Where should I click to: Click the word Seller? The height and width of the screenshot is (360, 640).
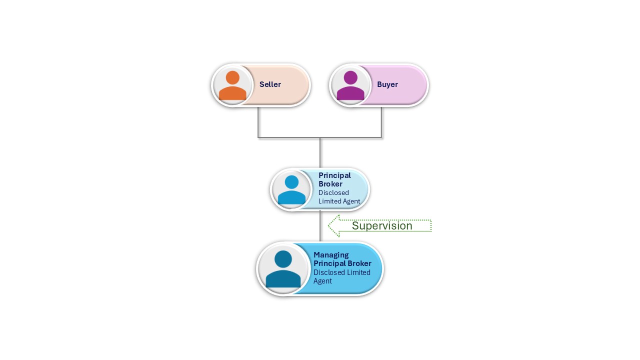(270, 84)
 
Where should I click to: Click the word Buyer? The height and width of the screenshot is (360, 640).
(387, 84)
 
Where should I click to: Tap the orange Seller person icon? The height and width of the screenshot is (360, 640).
(232, 85)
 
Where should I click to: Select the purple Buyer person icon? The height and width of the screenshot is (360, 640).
(350, 85)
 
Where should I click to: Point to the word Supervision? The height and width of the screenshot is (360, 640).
(382, 226)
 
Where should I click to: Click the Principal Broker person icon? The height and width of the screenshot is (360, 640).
(291, 190)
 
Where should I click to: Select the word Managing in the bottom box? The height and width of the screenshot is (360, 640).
(331, 255)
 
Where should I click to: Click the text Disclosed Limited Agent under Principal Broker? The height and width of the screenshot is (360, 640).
(339, 197)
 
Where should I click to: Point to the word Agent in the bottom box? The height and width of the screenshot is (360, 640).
(322, 281)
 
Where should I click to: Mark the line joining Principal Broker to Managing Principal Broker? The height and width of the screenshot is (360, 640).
(320, 226)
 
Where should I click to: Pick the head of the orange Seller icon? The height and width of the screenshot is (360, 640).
(232, 77)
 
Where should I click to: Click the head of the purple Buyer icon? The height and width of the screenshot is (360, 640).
(350, 77)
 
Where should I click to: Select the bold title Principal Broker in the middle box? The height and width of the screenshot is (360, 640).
(334, 179)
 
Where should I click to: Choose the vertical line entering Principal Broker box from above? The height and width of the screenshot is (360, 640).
(320, 152)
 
